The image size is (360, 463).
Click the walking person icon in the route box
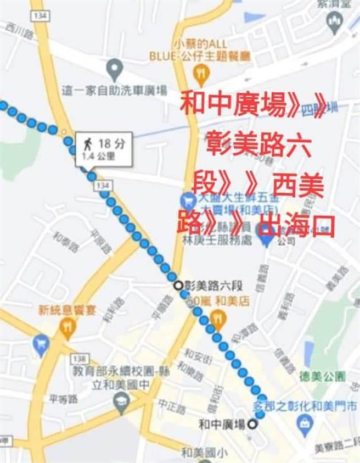point(87,145)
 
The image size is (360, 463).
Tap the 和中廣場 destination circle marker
point(252,424)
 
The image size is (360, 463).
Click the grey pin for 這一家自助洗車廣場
point(114,70)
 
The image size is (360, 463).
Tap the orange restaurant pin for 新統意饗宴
point(68,328)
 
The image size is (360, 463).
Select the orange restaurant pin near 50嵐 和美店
point(218,317)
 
